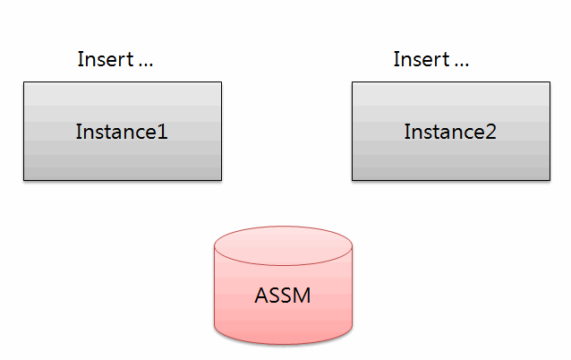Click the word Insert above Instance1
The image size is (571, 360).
pos(106,59)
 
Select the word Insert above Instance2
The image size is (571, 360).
pos(422,59)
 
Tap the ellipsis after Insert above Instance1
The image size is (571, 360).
pos(146,65)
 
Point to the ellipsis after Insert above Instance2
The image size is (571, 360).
pos(462,65)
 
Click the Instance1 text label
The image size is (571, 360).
pos(122,132)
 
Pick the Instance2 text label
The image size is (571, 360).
pos(450,132)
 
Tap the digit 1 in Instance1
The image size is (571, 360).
pos(163,132)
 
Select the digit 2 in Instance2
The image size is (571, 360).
pos(490,132)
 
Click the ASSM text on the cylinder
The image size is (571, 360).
pos(283,296)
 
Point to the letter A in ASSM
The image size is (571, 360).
pos(261,296)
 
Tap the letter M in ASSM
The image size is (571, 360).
pos(303,296)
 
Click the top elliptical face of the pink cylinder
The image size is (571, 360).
pos(284,245)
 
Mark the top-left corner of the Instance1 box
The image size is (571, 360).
pos(24,82)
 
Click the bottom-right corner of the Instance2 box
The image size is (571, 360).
pos(550,180)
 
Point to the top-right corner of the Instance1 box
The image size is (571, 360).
pos(221,82)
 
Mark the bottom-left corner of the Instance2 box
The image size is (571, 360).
pos(353,180)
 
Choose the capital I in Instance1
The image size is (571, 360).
pos(78,132)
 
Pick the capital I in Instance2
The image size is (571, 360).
pos(406,132)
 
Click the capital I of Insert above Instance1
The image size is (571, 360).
pos(80,59)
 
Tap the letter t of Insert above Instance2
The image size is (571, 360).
pos(446,60)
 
